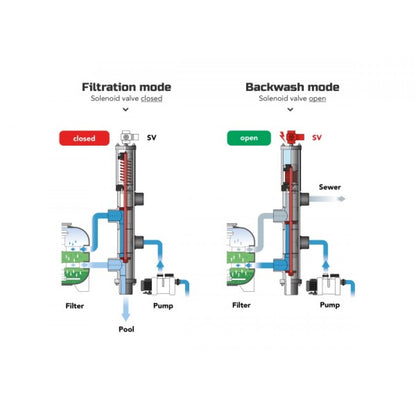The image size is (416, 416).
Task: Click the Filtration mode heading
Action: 126,87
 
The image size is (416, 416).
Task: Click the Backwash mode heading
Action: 292,87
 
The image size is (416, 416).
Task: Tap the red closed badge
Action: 84,138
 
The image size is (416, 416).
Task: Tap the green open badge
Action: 249,138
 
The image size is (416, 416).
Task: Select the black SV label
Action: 152,137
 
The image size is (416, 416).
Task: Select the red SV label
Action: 317,137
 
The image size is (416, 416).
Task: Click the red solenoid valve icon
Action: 292,137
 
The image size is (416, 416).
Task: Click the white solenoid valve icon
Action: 129,137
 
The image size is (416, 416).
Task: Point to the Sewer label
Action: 330,187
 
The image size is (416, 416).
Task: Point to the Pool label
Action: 126,329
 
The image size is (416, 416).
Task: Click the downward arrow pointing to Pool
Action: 125,308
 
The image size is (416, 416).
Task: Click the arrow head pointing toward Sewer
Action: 341,199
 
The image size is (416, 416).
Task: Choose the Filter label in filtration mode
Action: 75,306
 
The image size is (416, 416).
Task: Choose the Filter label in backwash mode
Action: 241,305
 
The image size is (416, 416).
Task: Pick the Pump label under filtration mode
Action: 163,306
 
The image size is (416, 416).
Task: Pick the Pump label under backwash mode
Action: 330,305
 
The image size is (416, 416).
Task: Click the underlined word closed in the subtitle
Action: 152,99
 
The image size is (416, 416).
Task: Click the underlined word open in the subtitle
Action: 317,99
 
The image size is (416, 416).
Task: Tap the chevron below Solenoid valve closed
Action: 126,109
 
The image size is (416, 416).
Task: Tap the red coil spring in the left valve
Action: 129,169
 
